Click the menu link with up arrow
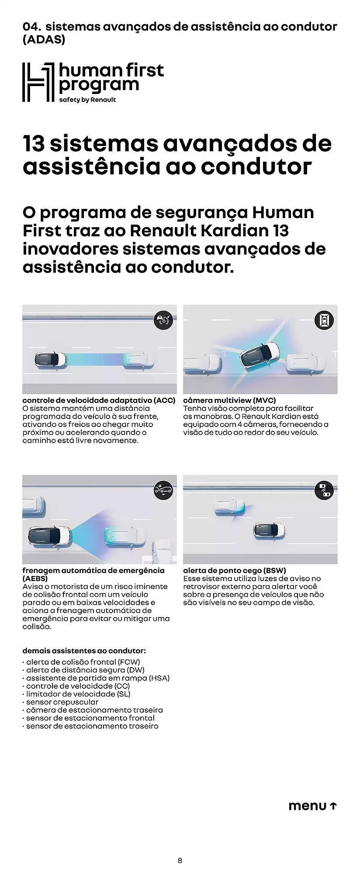click(x=312, y=806)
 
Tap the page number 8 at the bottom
click(x=180, y=861)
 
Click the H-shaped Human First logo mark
click(x=38, y=82)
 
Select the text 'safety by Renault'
click(x=87, y=100)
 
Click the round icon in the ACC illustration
click(x=163, y=320)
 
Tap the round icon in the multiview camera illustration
click(x=324, y=320)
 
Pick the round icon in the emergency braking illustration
click(x=163, y=491)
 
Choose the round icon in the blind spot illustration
click(x=324, y=491)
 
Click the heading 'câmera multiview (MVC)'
click(x=229, y=400)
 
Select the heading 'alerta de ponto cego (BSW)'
click(x=235, y=570)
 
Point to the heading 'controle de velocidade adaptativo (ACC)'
click(x=99, y=400)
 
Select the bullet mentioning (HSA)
click(x=97, y=678)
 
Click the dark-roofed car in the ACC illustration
click(x=51, y=360)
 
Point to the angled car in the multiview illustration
click(x=260, y=355)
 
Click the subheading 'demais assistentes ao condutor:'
click(x=84, y=651)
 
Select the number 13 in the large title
click(x=34, y=144)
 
